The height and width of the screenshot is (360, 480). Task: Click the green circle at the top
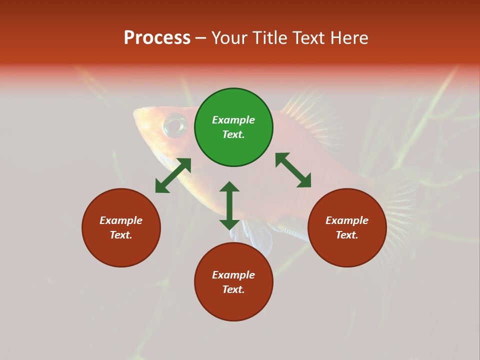pyautogui.click(x=233, y=127)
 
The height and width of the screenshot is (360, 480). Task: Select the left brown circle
pyautogui.click(x=121, y=227)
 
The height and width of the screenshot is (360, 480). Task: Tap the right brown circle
pyautogui.click(x=347, y=227)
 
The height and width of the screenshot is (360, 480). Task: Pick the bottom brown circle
pyautogui.click(x=233, y=282)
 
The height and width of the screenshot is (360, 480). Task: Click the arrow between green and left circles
pyautogui.click(x=173, y=175)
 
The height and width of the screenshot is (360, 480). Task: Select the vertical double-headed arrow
pyautogui.click(x=229, y=205)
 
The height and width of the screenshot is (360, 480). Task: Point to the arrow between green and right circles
pyautogui.click(x=293, y=170)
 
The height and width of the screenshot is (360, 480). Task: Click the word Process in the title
pyautogui.click(x=157, y=37)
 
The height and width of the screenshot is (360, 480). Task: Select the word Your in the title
pyautogui.click(x=229, y=37)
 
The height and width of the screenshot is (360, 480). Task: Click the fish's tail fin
pyautogui.click(x=400, y=210)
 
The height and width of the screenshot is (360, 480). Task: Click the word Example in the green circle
pyautogui.click(x=233, y=120)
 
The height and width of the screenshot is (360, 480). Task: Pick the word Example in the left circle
pyautogui.click(x=121, y=220)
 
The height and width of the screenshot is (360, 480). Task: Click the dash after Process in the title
pyautogui.click(x=201, y=38)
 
